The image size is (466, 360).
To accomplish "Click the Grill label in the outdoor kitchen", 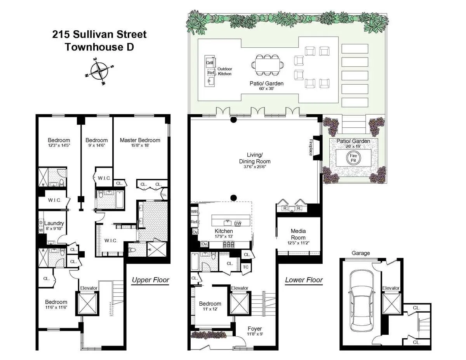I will coord(210,63).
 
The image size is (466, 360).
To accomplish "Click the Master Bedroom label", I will coord(140,140).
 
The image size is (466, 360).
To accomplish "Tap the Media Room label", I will coord(298,234).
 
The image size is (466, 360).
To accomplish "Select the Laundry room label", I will coord(54,223).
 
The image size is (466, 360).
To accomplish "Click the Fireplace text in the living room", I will coord(311,147).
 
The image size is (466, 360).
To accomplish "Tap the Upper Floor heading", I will coord(150,280).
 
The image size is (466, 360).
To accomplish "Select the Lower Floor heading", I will coord(304,280).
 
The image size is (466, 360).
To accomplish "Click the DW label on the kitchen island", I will coord(238,223).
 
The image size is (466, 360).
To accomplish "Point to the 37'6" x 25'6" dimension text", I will coord(255,167).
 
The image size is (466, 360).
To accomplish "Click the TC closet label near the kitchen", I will coord(245,267).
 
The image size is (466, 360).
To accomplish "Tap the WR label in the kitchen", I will coord(194,212).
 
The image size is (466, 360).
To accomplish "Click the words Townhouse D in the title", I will coord(99,47).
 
